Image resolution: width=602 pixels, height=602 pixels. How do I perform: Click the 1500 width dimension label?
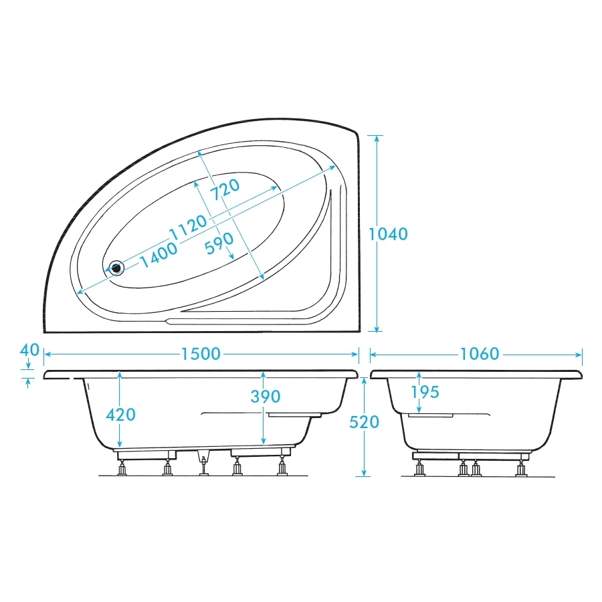[201, 353]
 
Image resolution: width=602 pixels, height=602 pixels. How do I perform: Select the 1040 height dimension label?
[388, 234]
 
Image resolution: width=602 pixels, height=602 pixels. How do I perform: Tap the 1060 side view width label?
[480, 353]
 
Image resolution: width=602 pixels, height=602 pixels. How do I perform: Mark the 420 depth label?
[120, 414]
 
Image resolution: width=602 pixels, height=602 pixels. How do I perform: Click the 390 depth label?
[265, 397]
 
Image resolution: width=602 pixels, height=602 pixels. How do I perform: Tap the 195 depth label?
[425, 392]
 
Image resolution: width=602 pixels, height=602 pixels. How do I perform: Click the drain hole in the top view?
[117, 268]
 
